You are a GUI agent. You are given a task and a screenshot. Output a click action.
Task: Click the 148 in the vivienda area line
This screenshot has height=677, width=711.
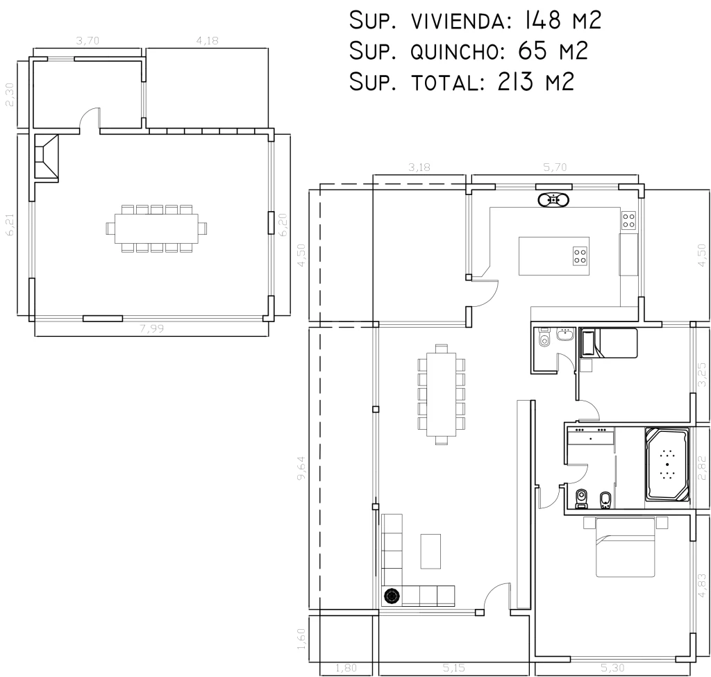543,20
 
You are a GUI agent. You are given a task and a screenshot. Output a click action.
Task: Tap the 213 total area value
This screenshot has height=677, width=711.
516,82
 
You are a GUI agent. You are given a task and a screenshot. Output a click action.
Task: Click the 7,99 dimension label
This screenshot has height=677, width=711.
151,328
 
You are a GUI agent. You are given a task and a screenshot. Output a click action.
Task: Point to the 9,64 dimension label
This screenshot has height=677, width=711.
301,469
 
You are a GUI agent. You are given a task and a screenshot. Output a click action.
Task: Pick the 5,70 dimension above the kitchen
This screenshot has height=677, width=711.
555,167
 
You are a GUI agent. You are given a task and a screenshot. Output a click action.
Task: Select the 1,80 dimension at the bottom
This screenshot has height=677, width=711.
346,668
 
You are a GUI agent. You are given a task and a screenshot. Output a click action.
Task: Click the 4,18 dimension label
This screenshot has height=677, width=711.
207,40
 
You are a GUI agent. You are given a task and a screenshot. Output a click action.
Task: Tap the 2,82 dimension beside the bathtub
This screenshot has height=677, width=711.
702,467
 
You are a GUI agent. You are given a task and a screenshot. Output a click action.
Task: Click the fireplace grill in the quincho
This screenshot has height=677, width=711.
47,157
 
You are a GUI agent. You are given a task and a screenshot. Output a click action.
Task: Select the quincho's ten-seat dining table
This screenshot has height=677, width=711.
156,228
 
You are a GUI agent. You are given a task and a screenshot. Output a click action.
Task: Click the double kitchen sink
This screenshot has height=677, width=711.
553,199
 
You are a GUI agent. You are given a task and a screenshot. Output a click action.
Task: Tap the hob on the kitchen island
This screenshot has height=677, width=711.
580,256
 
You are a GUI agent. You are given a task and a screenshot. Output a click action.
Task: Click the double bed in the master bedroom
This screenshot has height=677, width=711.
626,547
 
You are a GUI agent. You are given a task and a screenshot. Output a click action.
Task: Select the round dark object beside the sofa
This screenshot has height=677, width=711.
392,596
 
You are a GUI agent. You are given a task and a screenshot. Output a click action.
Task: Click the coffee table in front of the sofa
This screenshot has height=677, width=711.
430,551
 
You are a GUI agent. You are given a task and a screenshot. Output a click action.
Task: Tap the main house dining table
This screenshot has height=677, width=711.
441,394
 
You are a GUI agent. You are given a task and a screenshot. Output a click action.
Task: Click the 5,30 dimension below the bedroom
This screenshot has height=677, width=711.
612,668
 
